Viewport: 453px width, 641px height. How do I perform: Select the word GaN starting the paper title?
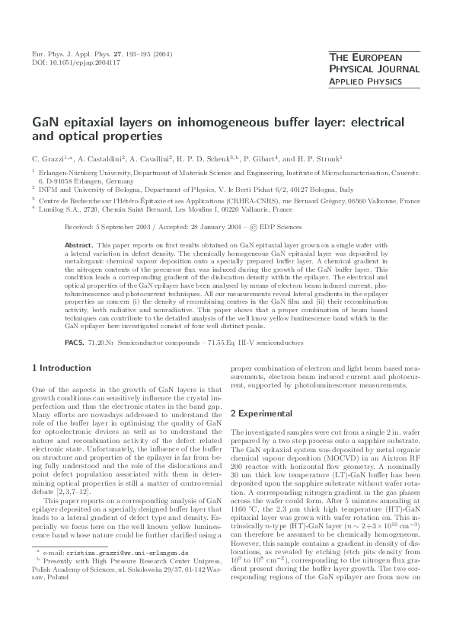(x=44, y=122)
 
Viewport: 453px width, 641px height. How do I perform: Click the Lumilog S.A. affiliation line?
(x=168, y=209)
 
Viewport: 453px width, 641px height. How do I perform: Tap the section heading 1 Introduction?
(x=60, y=368)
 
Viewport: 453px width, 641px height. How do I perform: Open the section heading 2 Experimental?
(x=263, y=413)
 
